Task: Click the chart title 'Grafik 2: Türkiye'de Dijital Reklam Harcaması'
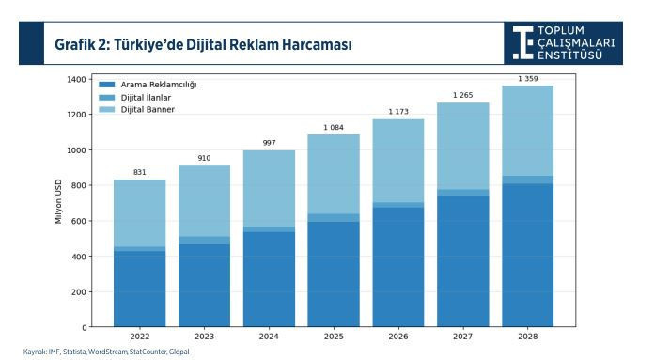(x=204, y=43)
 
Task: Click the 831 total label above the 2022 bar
(x=139, y=172)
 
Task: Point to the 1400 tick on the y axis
(x=75, y=79)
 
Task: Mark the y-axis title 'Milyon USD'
(x=58, y=203)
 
